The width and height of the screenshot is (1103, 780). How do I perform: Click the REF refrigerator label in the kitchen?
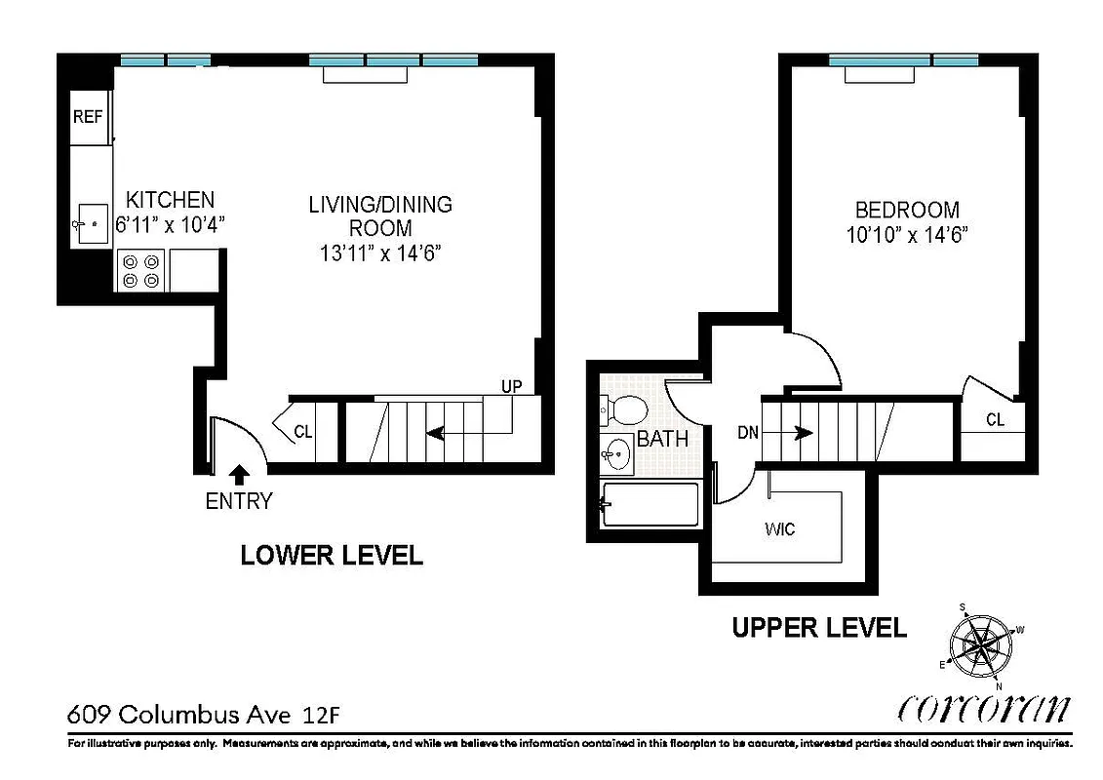88,117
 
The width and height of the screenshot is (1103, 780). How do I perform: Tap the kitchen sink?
92,225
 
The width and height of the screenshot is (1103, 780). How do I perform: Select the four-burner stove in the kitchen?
140,270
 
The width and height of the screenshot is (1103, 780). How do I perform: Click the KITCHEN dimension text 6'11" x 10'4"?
171,222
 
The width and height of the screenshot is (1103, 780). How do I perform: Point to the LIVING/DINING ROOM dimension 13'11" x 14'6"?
380,252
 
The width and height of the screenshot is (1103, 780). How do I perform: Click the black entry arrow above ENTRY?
238,475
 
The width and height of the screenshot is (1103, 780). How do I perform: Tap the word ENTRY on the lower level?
238,502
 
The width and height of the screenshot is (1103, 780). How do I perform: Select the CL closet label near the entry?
303,432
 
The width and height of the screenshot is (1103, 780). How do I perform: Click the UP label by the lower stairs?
512,386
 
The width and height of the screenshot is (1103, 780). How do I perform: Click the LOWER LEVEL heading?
332,556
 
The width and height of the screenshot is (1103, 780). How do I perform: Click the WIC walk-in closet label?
780,529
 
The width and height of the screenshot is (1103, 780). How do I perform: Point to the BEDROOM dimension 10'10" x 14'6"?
907,235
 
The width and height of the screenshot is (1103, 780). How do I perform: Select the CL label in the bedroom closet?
995,420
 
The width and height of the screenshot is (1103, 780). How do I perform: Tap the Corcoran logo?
982,709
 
